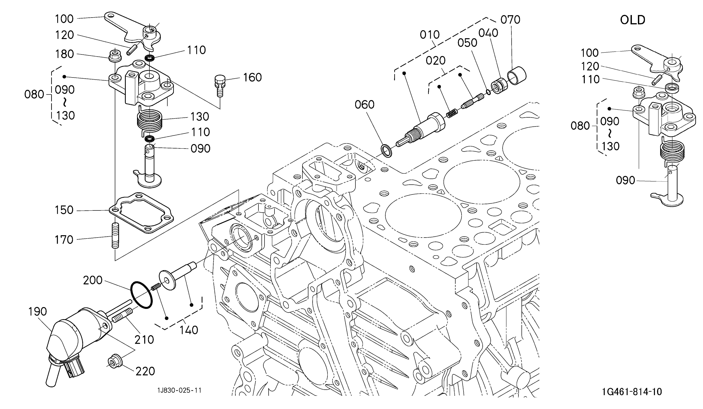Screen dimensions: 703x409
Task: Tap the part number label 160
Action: (x=252, y=77)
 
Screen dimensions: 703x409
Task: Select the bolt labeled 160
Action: (x=220, y=85)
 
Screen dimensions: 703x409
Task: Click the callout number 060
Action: (x=364, y=105)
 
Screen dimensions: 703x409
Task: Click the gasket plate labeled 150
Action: (x=141, y=213)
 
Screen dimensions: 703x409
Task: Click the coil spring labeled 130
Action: (x=150, y=121)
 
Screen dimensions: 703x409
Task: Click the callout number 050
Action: (x=467, y=43)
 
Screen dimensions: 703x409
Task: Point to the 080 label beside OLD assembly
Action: (x=580, y=126)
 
